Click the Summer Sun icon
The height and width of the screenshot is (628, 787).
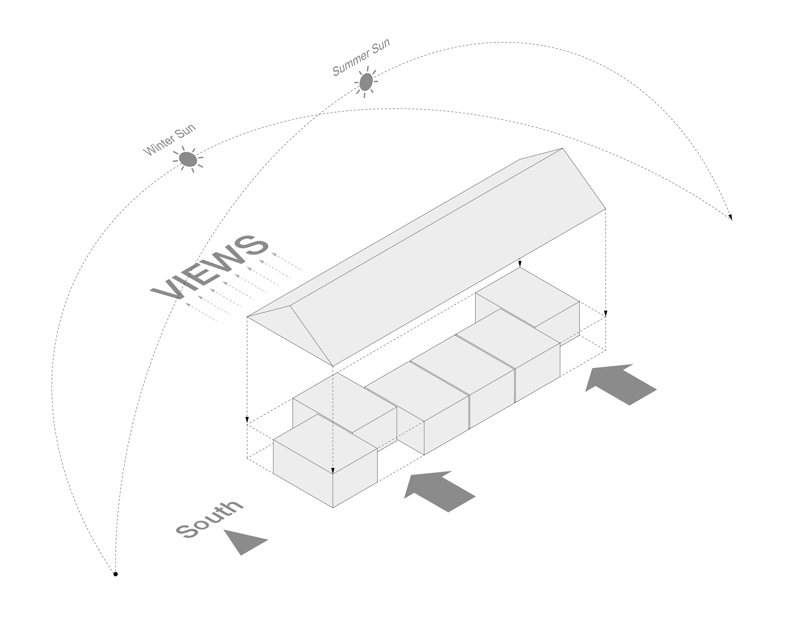pos(366,81)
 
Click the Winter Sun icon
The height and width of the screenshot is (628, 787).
pos(188,159)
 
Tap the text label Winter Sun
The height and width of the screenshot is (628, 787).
pos(169,140)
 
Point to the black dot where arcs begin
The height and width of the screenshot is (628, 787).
pos(115,574)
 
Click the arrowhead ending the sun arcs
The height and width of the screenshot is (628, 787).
pos(730,217)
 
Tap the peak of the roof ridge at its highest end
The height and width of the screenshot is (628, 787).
pos(562,149)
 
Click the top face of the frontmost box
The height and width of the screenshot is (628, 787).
pos(325,443)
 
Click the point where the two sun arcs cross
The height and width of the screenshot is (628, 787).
pos(318,115)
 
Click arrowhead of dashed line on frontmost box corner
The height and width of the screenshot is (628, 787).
pos(333,471)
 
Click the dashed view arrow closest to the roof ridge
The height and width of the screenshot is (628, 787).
pos(287,261)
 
